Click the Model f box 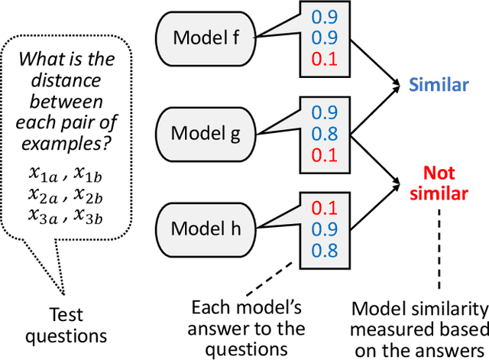pyautogui.click(x=206, y=36)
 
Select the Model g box pyautogui.click(x=206, y=132)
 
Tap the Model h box pyautogui.click(x=206, y=228)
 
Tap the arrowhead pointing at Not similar pyautogui.click(x=400, y=182)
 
